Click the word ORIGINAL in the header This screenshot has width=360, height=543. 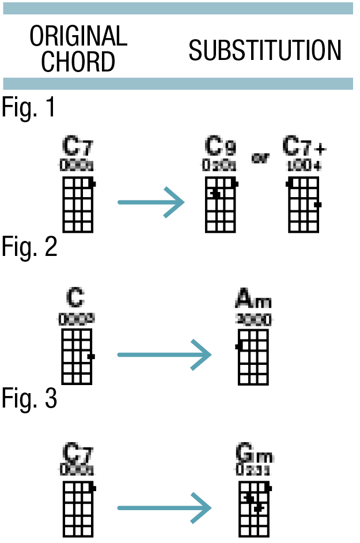pos(79,37)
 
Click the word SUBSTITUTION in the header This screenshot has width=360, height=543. pos(265,51)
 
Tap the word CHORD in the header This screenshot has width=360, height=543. pos(78,61)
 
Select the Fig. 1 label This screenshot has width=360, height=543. pos(29,107)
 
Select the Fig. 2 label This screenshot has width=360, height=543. pos(29,247)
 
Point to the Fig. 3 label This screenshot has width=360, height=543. pos(29,399)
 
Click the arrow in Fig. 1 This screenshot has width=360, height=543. pos(151,202)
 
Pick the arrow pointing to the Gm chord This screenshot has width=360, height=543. pos(165,508)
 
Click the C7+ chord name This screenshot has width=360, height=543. pos(304,148)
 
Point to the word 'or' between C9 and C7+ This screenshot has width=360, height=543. pos(260,158)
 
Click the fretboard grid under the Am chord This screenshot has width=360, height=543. pos(253,357)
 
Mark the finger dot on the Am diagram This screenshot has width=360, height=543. pos(238,346)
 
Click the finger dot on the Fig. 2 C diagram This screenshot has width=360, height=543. pos(91,357)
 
